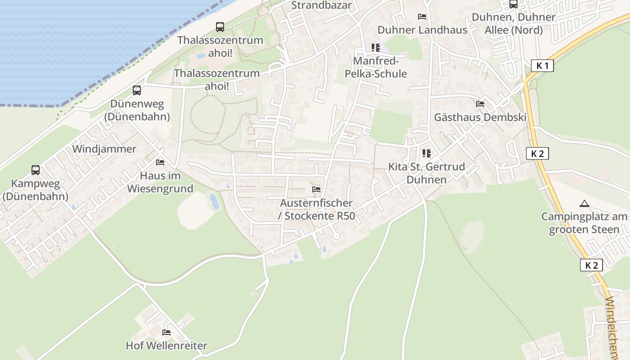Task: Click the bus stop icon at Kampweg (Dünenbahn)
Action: click(x=36, y=170)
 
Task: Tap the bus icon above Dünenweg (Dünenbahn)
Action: click(x=137, y=90)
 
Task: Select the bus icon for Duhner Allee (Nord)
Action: click(x=513, y=4)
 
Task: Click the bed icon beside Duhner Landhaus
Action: click(x=422, y=17)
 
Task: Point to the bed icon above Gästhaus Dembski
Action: click(x=480, y=104)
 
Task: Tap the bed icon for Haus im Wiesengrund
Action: click(x=160, y=162)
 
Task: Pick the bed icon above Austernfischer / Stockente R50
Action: click(x=316, y=189)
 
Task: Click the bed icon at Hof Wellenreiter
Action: click(x=166, y=333)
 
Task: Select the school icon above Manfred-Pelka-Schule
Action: click(x=376, y=47)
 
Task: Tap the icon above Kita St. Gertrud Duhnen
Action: click(x=427, y=153)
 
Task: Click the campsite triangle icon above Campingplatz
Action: click(x=584, y=203)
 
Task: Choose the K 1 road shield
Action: click(x=542, y=66)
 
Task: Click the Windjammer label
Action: click(x=104, y=149)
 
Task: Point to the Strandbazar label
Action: click(x=321, y=5)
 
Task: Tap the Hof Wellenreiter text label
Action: click(x=166, y=346)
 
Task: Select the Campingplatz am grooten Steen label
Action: click(x=584, y=223)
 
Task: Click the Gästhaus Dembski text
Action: click(x=480, y=117)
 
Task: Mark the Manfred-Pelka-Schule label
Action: click(x=376, y=67)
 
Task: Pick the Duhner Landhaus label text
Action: click(x=422, y=30)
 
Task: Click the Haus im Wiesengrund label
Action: click(x=160, y=182)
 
